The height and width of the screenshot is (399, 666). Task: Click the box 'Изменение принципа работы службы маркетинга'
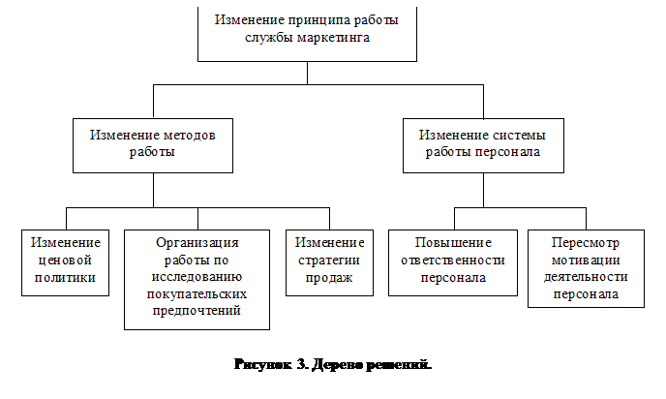click(306, 30)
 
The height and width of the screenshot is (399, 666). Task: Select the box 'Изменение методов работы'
click(152, 144)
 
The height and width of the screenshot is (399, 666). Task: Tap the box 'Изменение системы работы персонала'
click(483, 144)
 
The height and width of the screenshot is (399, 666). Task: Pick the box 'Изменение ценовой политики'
click(65, 261)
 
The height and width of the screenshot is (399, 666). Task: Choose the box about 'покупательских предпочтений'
click(197, 278)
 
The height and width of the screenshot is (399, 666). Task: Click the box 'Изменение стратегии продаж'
click(329, 261)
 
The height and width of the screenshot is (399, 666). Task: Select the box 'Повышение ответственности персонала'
click(452, 261)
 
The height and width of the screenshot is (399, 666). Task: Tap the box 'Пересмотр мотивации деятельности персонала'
click(585, 268)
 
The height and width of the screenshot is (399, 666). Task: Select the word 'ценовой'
click(65, 260)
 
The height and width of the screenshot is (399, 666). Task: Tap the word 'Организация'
click(197, 243)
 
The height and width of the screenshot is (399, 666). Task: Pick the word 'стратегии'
click(329, 260)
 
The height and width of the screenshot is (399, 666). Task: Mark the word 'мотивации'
click(585, 260)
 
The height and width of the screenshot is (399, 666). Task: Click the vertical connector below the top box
click(306, 73)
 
